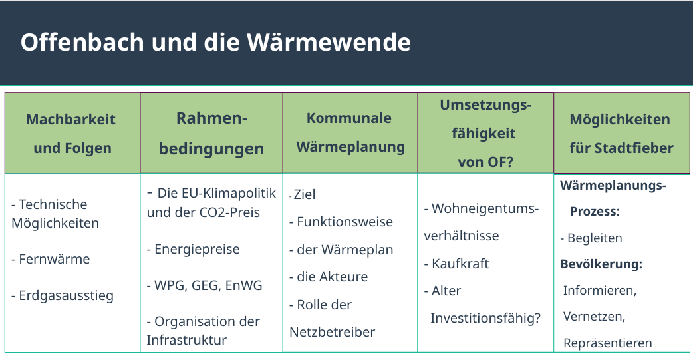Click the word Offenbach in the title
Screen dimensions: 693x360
coord(82,42)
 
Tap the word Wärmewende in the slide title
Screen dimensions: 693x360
coord(329,42)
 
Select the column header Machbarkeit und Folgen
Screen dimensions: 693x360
coord(72,134)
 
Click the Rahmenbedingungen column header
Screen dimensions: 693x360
coord(211,134)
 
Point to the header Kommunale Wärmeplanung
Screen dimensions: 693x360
coord(350,132)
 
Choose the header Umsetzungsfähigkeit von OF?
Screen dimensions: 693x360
coord(485,134)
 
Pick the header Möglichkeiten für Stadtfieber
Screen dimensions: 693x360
coord(621,134)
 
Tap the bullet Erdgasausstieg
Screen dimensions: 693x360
coord(63,296)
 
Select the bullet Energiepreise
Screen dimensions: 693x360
coord(194,250)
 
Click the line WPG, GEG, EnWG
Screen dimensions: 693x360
coord(205,285)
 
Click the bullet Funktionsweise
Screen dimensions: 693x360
coord(341,222)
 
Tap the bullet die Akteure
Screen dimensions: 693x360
coord(329,277)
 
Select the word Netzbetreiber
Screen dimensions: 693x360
coord(333,332)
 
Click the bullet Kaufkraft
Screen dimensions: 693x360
coord(456,264)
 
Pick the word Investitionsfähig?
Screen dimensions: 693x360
coord(485,319)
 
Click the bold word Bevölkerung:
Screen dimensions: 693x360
coord(601,264)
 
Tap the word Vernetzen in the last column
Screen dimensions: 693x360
coord(594,317)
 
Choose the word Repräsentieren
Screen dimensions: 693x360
coord(608,343)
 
